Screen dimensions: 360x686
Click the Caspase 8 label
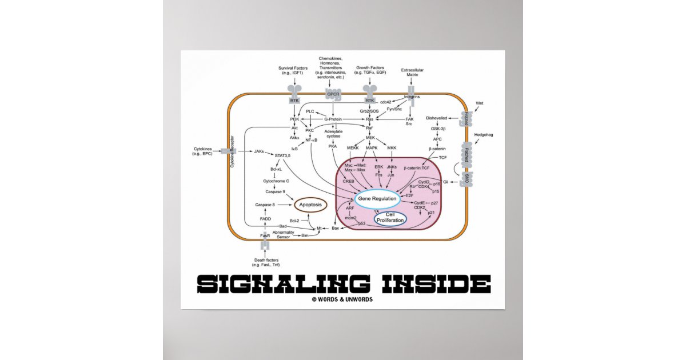[x=265, y=204]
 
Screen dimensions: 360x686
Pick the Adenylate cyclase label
[x=333, y=134]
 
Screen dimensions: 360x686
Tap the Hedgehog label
[x=482, y=135]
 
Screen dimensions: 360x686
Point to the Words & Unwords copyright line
[x=342, y=299]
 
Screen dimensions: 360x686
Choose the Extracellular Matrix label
[x=412, y=72]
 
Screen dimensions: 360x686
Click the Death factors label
[x=266, y=262]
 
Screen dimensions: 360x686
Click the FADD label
[x=265, y=218]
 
